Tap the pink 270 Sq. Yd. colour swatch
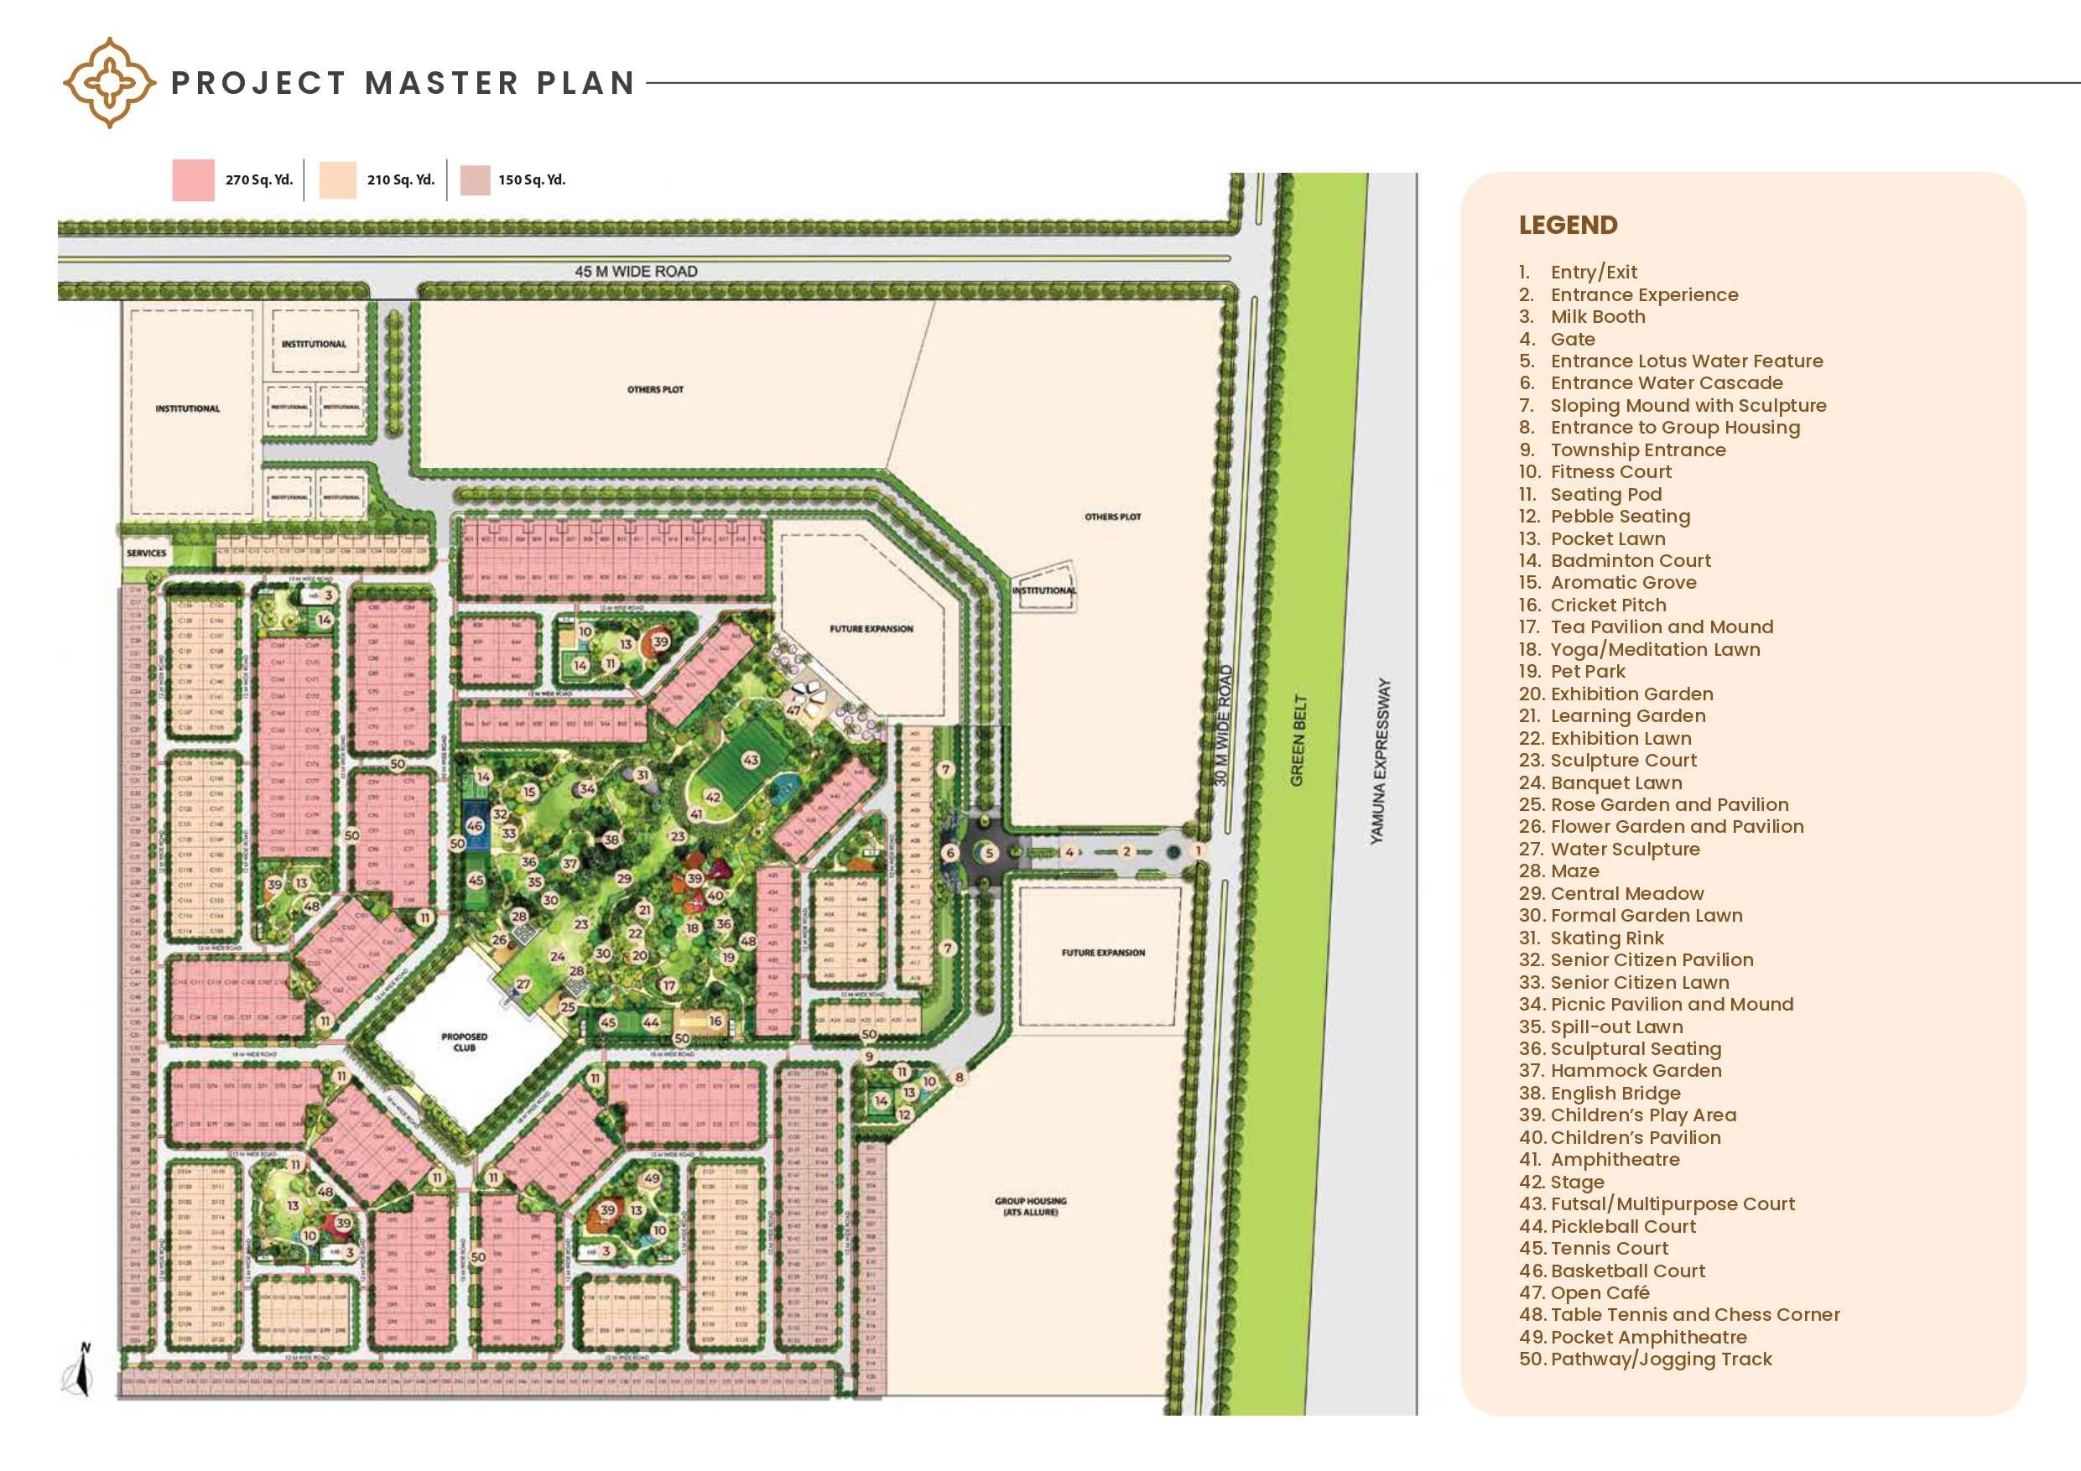pyautogui.click(x=193, y=179)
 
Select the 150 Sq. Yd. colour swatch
pyautogui.click(x=475, y=179)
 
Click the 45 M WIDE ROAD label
pyautogui.click(x=635, y=271)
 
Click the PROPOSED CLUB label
pyautogui.click(x=464, y=1042)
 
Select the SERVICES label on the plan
pyautogui.click(x=146, y=553)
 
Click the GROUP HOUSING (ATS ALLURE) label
pyautogui.click(x=1031, y=1206)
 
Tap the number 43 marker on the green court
pyautogui.click(x=751, y=761)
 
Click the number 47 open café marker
pyautogui.click(x=793, y=710)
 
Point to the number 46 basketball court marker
pyautogui.click(x=474, y=826)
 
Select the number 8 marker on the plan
pyautogui.click(x=959, y=1077)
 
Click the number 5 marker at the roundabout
pyautogui.click(x=989, y=852)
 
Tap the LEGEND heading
pyautogui.click(x=1568, y=225)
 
